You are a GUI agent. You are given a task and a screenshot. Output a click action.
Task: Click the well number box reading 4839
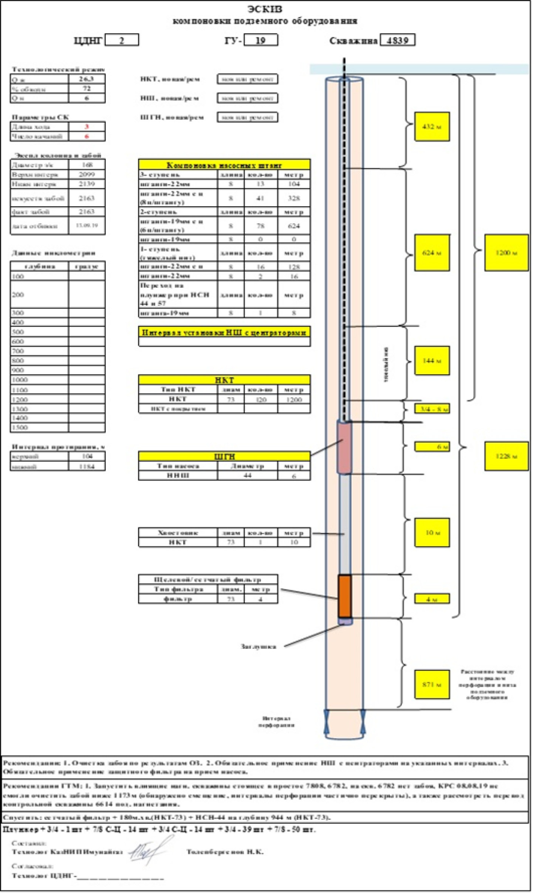tap(397, 40)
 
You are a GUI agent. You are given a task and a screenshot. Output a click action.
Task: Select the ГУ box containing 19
tap(261, 40)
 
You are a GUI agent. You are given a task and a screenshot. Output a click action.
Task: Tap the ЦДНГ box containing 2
tap(122, 40)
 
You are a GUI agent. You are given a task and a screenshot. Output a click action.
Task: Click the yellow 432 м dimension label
tap(432, 126)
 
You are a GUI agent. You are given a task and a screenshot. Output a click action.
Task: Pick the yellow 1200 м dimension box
tap(506, 252)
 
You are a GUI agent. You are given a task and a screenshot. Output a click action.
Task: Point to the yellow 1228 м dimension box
tap(506, 456)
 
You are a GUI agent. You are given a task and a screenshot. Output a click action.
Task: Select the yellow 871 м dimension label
tap(432, 684)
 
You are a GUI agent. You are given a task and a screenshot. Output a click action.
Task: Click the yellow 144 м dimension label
tap(432, 361)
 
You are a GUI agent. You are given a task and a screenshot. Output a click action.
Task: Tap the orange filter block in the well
tap(344, 596)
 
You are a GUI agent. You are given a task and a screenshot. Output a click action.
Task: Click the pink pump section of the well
tap(344, 447)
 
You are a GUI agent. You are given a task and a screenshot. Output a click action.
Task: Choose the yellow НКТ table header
tap(224, 379)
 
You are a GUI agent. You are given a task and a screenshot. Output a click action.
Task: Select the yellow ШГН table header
tap(224, 456)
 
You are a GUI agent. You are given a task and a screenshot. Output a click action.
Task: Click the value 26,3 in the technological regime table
tap(87, 79)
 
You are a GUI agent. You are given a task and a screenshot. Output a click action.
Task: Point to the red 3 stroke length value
tap(87, 126)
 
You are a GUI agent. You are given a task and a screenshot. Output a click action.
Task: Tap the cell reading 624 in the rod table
tap(294, 226)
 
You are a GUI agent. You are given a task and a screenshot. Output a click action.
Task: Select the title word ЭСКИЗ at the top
tap(265, 9)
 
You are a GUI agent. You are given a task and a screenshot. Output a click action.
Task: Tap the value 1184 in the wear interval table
tap(87, 467)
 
